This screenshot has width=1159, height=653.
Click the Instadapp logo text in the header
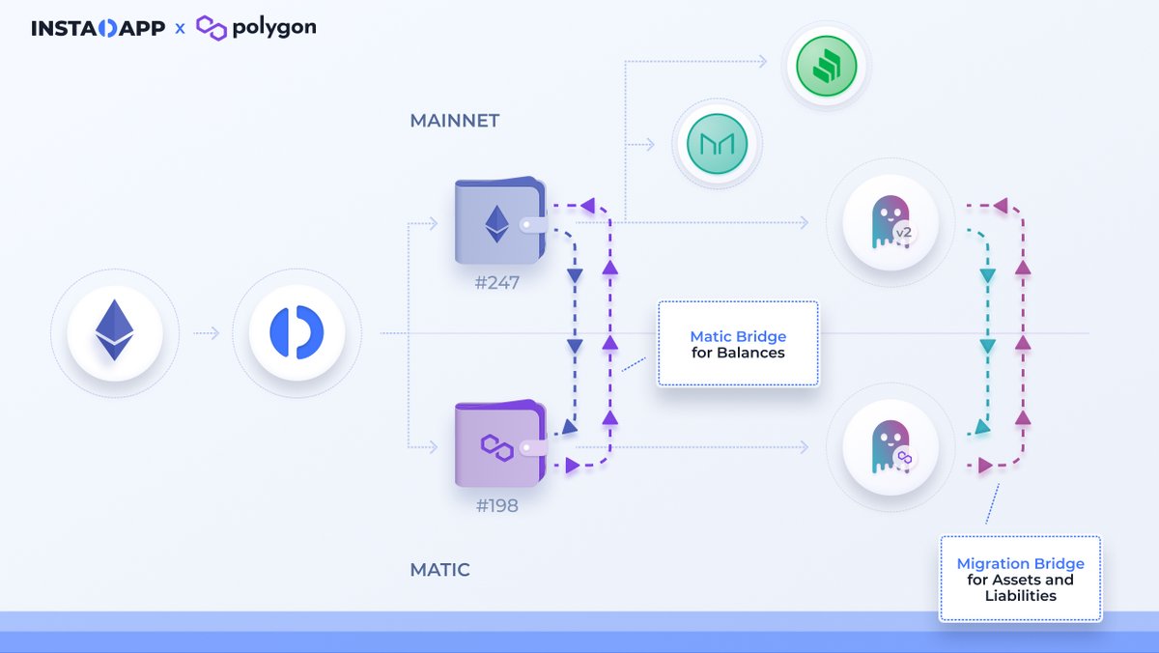pyautogui.click(x=98, y=28)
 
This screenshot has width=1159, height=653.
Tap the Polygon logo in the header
pyautogui.click(x=256, y=27)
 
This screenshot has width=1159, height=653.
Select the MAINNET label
pyautogui.click(x=455, y=121)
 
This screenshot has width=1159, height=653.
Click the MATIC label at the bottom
pyautogui.click(x=439, y=570)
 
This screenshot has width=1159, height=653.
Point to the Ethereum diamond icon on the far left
pyautogui.click(x=114, y=331)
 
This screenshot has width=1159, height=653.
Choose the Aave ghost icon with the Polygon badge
pyautogui.click(x=890, y=446)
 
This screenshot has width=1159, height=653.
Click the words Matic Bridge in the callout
pyautogui.click(x=738, y=337)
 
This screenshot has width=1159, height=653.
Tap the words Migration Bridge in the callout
pyautogui.click(x=1020, y=563)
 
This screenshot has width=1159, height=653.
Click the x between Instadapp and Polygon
pyautogui.click(x=180, y=29)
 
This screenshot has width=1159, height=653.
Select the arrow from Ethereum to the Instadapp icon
pyautogui.click(x=206, y=333)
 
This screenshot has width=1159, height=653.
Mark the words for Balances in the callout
pyautogui.click(x=738, y=353)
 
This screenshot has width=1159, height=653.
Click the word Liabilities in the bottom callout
pyautogui.click(x=1020, y=595)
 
